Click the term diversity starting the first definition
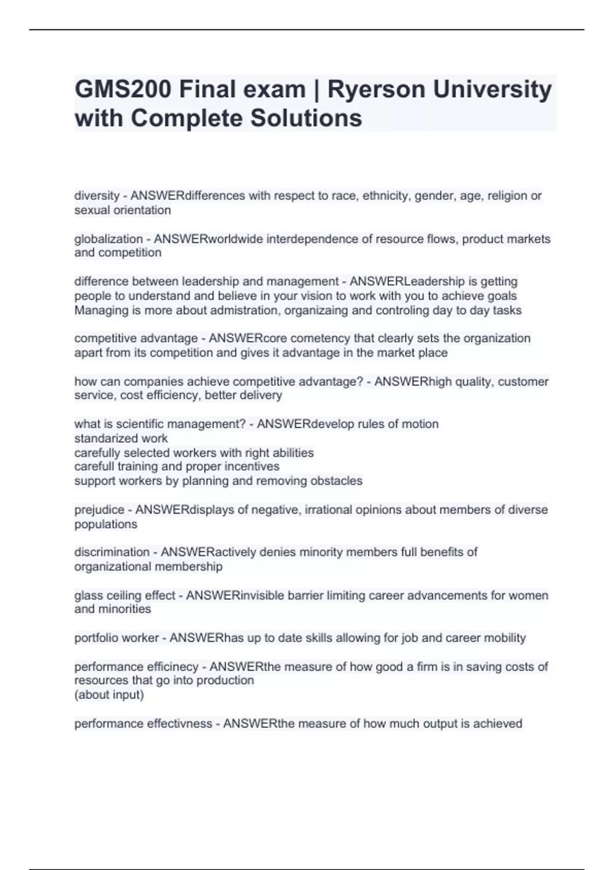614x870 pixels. tap(97, 195)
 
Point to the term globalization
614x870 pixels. tap(108, 239)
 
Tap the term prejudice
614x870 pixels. tap(99, 510)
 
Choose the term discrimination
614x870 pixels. tap(112, 552)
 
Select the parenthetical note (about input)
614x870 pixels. tap(109, 695)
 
